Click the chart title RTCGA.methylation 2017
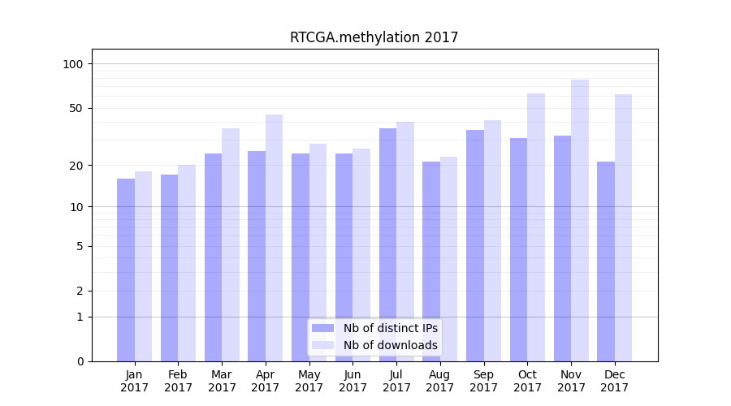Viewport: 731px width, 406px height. (x=374, y=37)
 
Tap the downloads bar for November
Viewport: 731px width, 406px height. (x=580, y=220)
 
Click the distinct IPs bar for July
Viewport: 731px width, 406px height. (x=387, y=244)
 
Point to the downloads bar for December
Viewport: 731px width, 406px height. (x=623, y=227)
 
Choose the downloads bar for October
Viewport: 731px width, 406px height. (x=536, y=227)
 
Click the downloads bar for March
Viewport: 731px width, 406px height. (x=231, y=244)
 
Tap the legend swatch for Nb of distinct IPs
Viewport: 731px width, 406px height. (x=323, y=328)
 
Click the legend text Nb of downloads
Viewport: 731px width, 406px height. (x=390, y=345)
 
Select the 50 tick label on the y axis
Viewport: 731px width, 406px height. (x=76, y=108)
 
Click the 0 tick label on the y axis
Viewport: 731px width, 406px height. (x=80, y=361)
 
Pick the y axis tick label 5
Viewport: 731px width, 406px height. (x=80, y=246)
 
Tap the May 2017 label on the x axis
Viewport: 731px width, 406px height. (x=309, y=381)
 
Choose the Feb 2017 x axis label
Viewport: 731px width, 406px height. (x=178, y=381)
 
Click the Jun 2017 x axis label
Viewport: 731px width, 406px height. (x=353, y=381)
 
